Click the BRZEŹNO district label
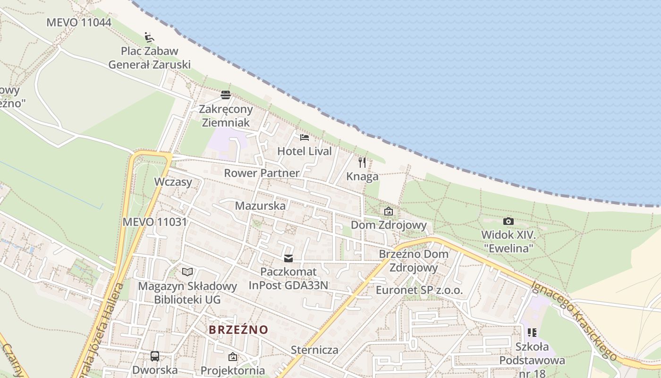(238, 329)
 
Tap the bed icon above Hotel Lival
(305, 137)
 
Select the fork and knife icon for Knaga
(362, 163)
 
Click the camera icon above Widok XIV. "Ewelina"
(508, 221)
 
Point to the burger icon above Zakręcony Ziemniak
(226, 95)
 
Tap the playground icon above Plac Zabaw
(149, 37)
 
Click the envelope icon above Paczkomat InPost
(288, 258)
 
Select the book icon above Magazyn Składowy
(187, 272)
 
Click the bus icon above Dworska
(155, 356)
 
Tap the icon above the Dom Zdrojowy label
(388, 211)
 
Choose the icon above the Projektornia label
(232, 357)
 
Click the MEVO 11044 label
(78, 22)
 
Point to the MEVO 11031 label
(154, 222)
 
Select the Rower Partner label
(262, 173)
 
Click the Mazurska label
(260, 206)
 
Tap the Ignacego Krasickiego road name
(574, 320)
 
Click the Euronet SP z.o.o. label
(419, 290)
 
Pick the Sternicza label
(314, 350)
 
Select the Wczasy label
(173, 182)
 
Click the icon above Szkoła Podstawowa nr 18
(533, 333)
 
